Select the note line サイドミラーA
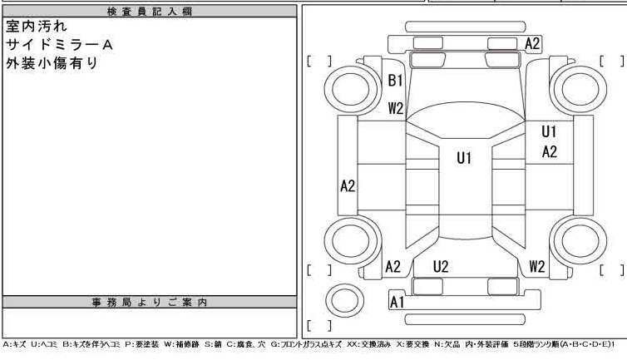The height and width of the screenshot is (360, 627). tap(58, 44)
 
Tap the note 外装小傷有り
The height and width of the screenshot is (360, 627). tap(52, 62)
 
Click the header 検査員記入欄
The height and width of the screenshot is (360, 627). tap(149, 11)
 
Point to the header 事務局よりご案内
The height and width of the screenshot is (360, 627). tap(149, 302)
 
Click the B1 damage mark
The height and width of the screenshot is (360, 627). tap(396, 81)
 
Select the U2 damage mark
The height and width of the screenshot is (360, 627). tap(441, 267)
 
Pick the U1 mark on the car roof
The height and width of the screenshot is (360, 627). tap(464, 158)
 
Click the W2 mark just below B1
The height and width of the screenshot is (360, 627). tap(396, 108)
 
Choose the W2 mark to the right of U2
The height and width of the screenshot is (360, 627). tap(537, 267)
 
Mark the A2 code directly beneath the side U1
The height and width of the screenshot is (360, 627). tap(550, 152)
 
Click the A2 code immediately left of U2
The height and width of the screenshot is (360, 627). tap(393, 267)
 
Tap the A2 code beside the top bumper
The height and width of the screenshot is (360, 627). tap(533, 43)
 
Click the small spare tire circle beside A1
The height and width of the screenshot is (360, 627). tap(343, 299)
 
